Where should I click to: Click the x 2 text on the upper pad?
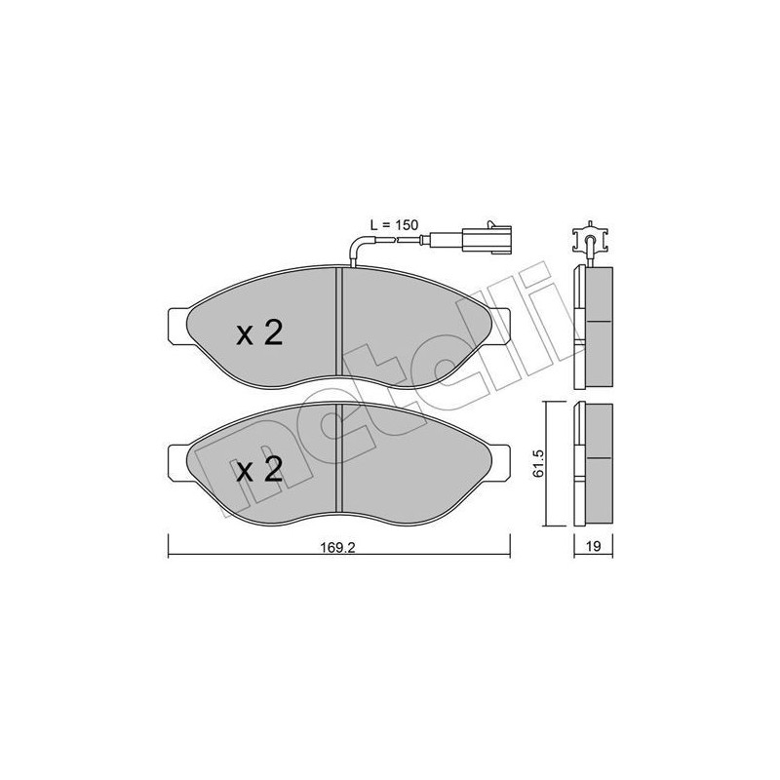click(x=259, y=334)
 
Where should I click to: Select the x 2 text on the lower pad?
click(x=259, y=471)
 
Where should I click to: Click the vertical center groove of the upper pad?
click(x=337, y=322)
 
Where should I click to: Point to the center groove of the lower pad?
click(x=337, y=458)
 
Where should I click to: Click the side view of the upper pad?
click(x=594, y=322)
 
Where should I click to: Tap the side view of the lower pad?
click(x=594, y=458)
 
